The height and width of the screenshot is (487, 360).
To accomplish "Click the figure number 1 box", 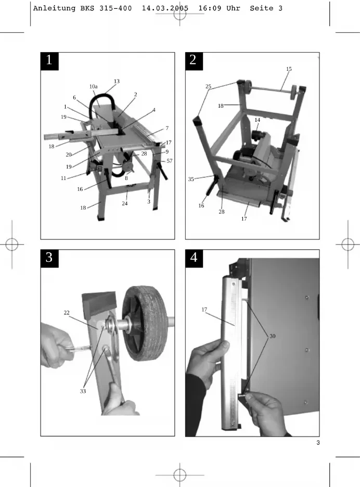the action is (x=49, y=61).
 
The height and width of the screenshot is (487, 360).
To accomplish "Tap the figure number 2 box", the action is (x=194, y=61).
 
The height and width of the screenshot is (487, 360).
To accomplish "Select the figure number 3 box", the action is (x=49, y=259).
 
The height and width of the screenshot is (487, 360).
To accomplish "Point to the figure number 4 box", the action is (x=194, y=259).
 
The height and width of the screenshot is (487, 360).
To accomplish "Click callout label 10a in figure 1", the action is (x=94, y=87).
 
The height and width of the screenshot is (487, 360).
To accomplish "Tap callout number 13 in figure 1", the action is (x=117, y=81).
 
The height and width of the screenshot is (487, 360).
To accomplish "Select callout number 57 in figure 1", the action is (x=169, y=161).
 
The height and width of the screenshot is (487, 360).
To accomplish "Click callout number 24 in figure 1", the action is (x=124, y=203).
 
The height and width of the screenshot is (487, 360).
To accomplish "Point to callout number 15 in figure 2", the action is (x=289, y=69).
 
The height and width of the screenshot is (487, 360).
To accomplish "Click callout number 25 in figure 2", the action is (x=208, y=87).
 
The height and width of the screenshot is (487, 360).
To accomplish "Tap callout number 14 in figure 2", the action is (x=257, y=120).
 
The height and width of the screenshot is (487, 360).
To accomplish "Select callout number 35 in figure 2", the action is (x=191, y=179).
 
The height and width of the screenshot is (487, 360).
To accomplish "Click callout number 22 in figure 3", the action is (x=67, y=313).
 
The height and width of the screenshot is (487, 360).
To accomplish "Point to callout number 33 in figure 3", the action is (x=83, y=391).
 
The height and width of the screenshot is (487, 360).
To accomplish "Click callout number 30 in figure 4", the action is (x=273, y=336).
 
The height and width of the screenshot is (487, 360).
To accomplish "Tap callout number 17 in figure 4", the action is (x=204, y=310).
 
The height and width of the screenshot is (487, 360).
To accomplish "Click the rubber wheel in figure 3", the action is (x=145, y=323).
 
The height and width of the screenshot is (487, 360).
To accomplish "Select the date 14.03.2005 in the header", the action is (x=165, y=8).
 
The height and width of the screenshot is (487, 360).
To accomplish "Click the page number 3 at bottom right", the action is (x=318, y=443).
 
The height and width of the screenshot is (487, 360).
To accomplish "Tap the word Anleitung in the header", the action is (x=54, y=8).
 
